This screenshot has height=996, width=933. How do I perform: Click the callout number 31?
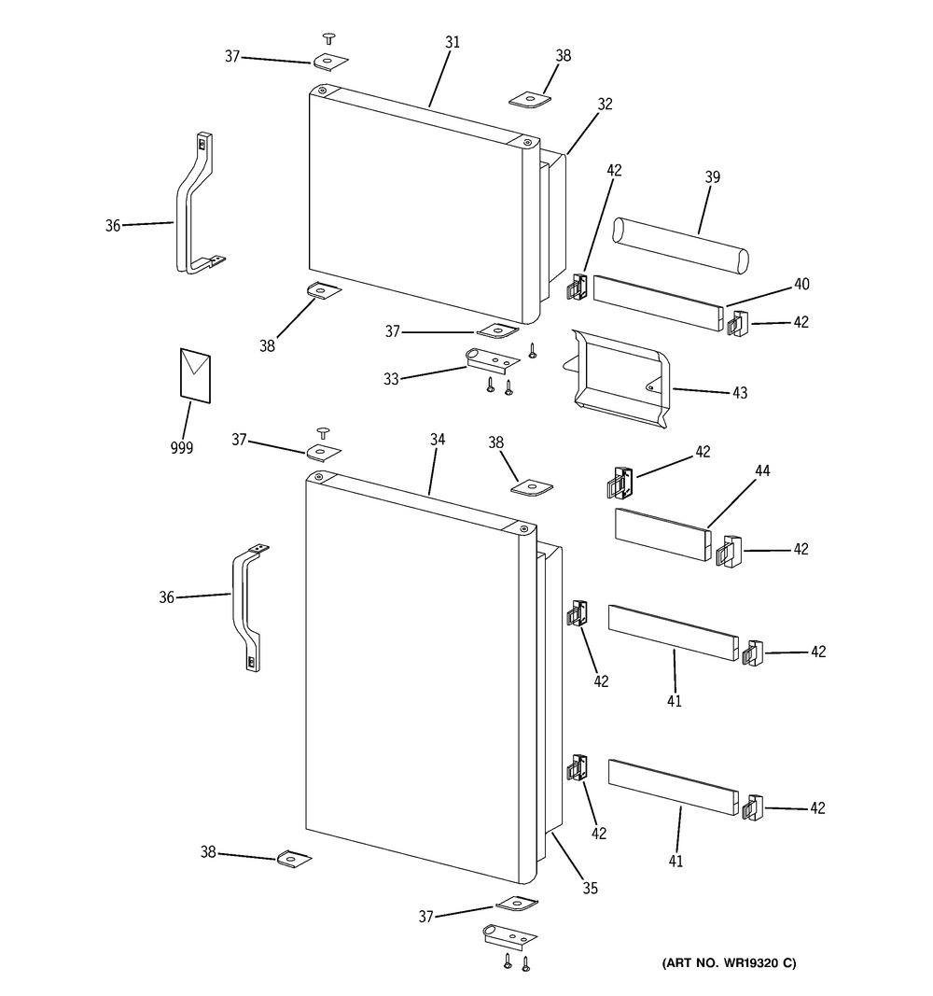pyautogui.click(x=452, y=42)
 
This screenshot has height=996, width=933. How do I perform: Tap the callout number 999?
pyautogui.click(x=182, y=448)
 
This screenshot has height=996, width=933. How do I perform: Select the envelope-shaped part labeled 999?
pyautogui.click(x=196, y=375)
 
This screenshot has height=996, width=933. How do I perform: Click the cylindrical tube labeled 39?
pyautogui.click(x=679, y=244)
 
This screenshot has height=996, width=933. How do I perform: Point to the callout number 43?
pyautogui.click(x=740, y=393)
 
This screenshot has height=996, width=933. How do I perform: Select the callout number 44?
pyautogui.click(x=762, y=470)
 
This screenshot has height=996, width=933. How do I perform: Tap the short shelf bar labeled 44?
pyautogui.click(x=663, y=534)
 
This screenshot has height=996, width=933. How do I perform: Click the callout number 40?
pyautogui.click(x=801, y=284)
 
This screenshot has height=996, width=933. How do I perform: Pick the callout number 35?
pyautogui.click(x=591, y=888)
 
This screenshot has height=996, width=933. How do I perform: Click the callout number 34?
pyautogui.click(x=438, y=440)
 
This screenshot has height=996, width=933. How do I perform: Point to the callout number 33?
pyautogui.click(x=391, y=379)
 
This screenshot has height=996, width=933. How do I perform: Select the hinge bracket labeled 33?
pyautogui.click(x=493, y=361)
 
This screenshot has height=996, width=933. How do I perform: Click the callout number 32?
pyautogui.click(x=605, y=104)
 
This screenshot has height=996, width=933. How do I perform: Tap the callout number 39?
pyautogui.click(x=712, y=177)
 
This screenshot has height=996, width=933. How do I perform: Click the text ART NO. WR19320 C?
pyautogui.click(x=729, y=963)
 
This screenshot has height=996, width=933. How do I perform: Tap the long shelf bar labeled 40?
pyautogui.click(x=658, y=303)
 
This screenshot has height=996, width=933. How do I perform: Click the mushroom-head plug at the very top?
pyautogui.click(x=329, y=38)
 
